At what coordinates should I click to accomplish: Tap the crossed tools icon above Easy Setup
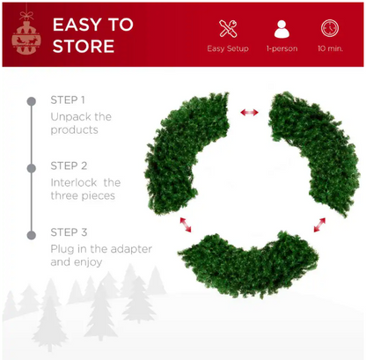[228, 28]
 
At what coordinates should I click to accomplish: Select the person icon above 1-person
[282, 29]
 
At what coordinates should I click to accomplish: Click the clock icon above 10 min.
[330, 28]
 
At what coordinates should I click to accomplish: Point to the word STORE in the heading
[84, 47]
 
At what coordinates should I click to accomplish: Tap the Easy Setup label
[228, 48]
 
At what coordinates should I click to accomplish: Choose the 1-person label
[282, 48]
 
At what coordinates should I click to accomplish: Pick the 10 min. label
[330, 48]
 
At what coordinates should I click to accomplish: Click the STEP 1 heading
[68, 100]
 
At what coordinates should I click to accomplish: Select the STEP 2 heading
[69, 165]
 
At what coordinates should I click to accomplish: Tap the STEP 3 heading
[69, 232]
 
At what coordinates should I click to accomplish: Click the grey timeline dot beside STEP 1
[32, 101]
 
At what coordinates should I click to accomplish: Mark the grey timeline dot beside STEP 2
[32, 168]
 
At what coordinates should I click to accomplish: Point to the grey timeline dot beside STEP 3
[32, 235]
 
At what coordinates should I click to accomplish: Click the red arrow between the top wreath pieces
[249, 112]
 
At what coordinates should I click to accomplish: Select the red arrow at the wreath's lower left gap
[186, 224]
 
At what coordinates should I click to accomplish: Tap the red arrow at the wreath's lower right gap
[319, 224]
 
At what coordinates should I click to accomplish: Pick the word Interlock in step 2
[74, 183]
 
